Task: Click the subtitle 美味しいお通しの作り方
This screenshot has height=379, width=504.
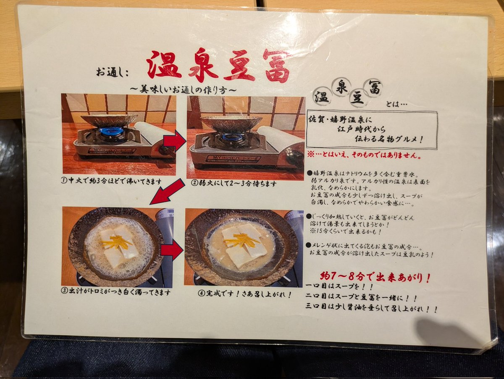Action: [183, 90]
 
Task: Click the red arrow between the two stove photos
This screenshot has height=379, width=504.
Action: [175, 140]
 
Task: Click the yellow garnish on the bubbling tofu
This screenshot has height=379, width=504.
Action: [117, 243]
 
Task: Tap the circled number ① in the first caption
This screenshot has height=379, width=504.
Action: [64, 181]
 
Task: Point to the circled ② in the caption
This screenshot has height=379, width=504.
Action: [194, 183]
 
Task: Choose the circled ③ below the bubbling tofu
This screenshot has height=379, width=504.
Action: [64, 291]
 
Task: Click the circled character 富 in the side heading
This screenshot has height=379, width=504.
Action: [375, 87]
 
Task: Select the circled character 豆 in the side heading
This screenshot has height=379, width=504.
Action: [357, 98]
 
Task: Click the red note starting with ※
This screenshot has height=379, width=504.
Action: [365, 155]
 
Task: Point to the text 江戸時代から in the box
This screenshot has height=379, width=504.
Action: [362, 130]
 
